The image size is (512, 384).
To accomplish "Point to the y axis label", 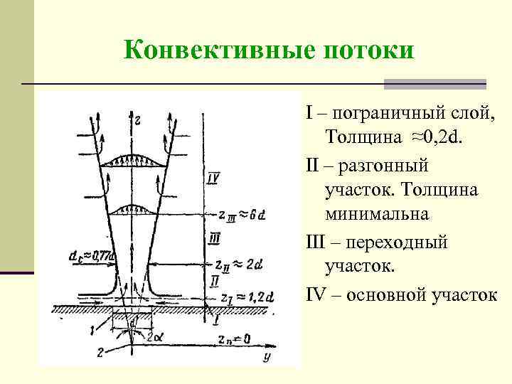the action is [266, 356].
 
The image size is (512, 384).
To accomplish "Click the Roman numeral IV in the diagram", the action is [213, 178].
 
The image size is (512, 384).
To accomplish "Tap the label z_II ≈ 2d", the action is [239, 265].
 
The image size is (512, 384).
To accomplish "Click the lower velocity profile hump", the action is [135, 208].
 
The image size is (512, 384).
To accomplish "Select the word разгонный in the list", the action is [384, 166].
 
